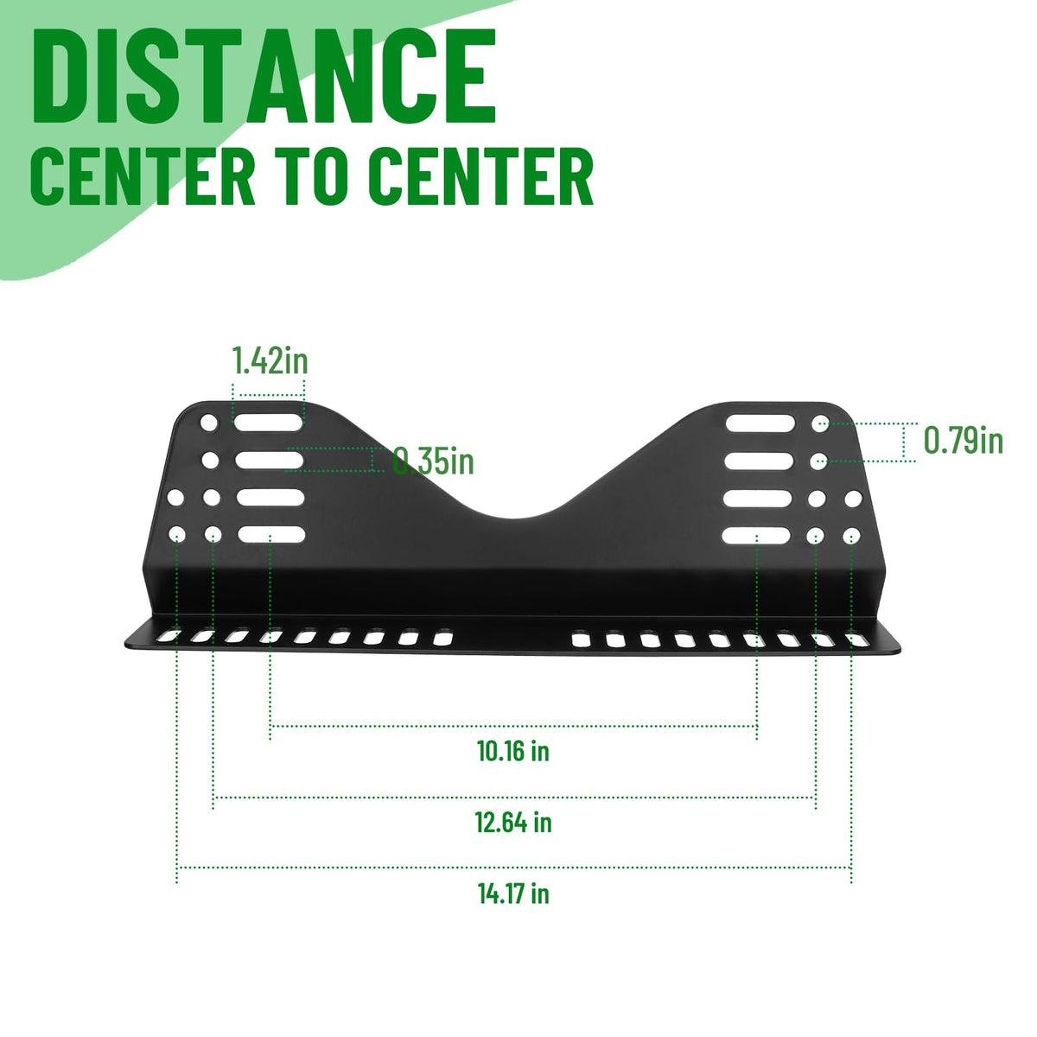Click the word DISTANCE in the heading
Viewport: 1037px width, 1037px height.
coord(264,76)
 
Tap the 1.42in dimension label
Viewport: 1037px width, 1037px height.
coord(270,360)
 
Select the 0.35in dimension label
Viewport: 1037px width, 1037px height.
coord(433,461)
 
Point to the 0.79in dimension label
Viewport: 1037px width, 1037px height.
coord(964,440)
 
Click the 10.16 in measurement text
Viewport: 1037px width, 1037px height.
coord(512,751)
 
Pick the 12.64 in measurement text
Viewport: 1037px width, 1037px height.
coord(513,823)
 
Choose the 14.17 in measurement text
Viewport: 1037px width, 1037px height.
coord(513,894)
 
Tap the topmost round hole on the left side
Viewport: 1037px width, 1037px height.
coord(209,423)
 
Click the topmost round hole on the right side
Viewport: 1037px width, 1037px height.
coord(821,423)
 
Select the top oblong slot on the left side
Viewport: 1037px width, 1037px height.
coord(269,423)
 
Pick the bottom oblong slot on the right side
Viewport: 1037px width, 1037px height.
coord(756,536)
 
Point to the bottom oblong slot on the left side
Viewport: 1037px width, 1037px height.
coord(271,534)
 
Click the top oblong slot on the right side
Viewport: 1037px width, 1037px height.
coord(760,423)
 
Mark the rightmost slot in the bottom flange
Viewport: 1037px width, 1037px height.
coord(856,639)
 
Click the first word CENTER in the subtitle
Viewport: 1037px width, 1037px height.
coord(143,176)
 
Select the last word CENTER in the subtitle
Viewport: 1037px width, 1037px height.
coord(481,176)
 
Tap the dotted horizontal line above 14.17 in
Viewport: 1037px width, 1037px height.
coord(514,868)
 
